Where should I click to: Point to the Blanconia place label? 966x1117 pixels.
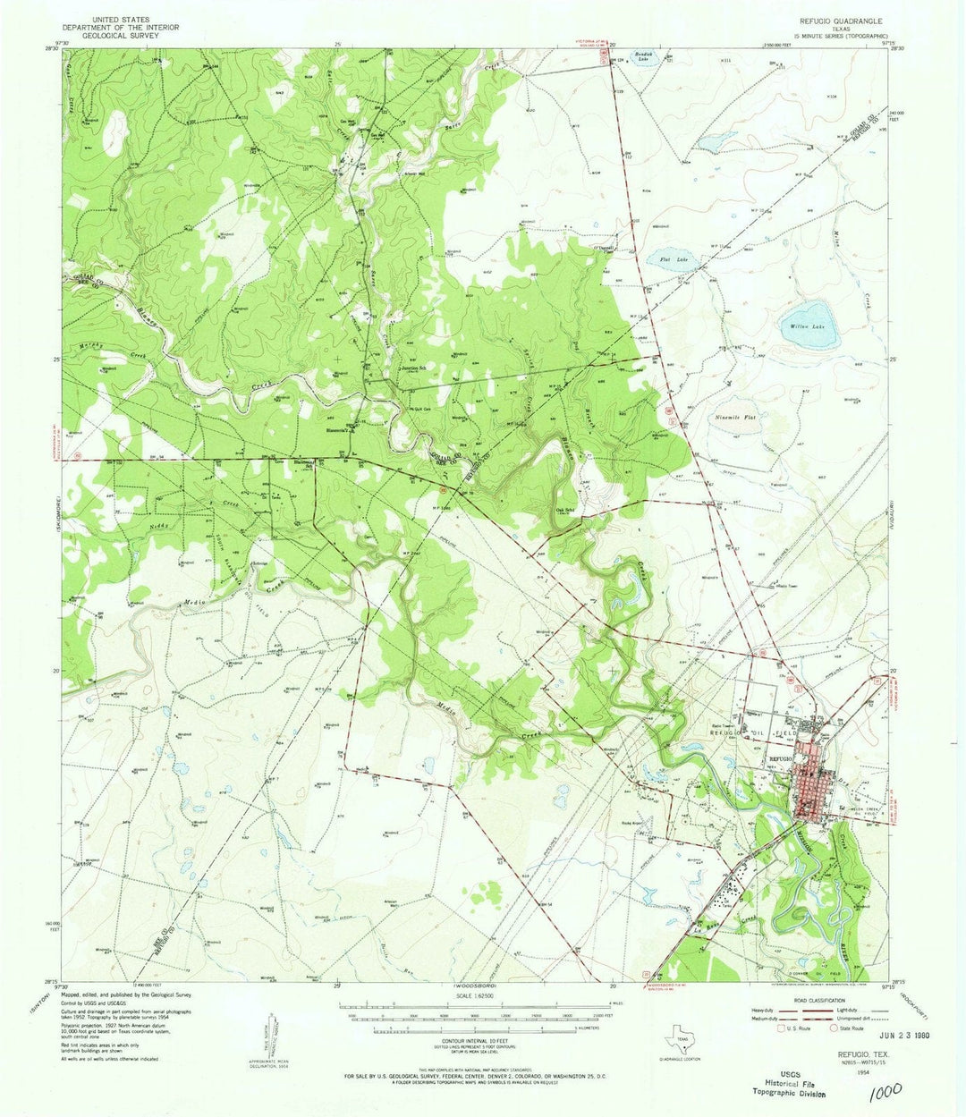336,428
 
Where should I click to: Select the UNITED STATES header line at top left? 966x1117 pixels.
122,19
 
